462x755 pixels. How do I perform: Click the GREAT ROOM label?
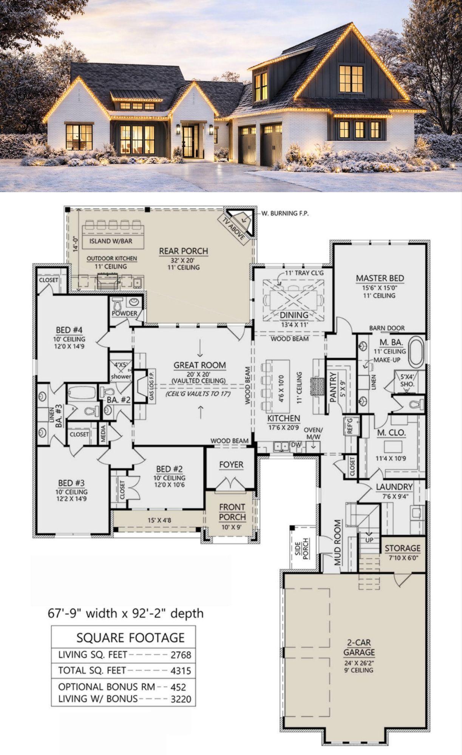[199, 365]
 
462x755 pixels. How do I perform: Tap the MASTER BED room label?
[380, 278]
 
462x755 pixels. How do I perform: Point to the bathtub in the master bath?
[416, 352]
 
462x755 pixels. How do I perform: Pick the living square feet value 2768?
[181, 655]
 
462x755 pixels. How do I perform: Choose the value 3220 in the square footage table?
[181, 699]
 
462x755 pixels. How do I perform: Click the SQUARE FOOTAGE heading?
[130, 638]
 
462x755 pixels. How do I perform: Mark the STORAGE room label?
[402, 548]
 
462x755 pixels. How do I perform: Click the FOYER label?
[231, 465]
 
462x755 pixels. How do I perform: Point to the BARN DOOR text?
[387, 328]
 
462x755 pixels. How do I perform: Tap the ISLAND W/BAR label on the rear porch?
[111, 241]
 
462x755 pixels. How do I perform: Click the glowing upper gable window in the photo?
[351, 79]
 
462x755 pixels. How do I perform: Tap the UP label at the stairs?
[369, 540]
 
